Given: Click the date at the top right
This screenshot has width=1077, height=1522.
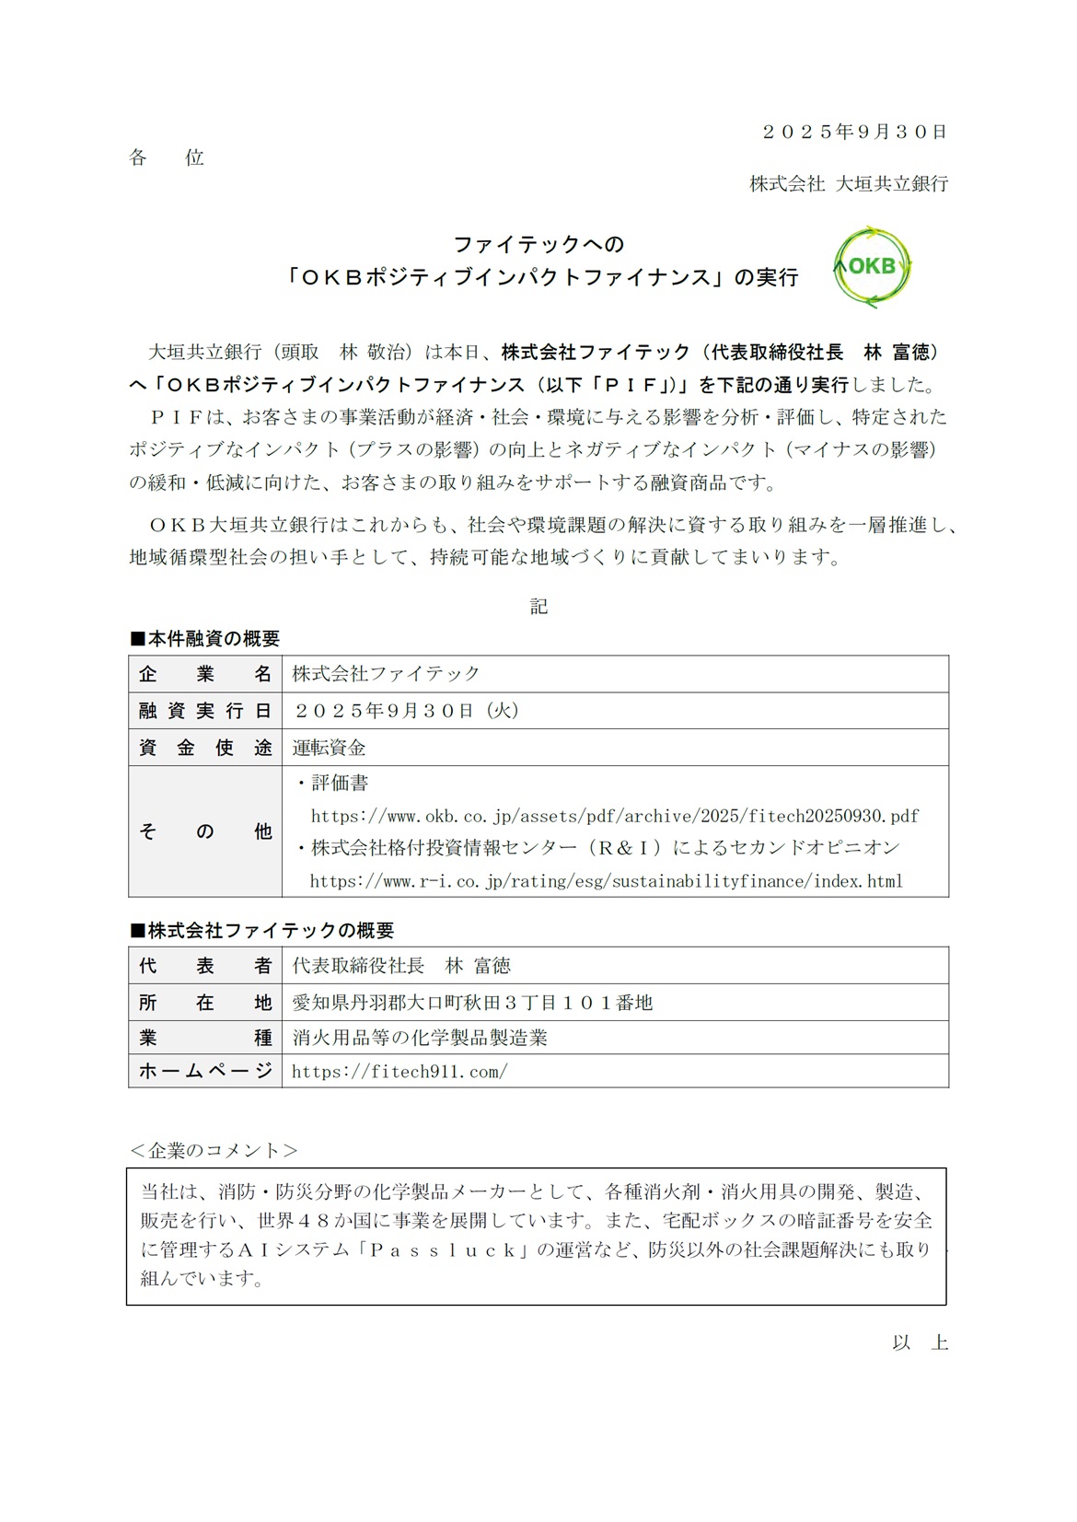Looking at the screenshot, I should pos(854,133).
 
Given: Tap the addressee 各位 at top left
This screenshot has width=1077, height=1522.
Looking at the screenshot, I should pos(166,158).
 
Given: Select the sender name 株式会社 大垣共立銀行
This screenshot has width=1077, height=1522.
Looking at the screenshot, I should pos(848,184).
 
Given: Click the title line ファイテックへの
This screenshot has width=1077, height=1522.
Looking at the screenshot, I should pos(538,245).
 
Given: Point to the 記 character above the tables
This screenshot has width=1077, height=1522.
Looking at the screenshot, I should pos(538,606).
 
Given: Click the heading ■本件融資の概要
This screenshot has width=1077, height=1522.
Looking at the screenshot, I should pos(204,639).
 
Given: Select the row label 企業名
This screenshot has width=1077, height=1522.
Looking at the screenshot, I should pos(205,674).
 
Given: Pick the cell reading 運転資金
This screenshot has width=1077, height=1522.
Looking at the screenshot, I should pos(330,748).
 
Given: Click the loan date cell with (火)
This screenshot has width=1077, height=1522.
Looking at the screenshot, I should pos(407,711).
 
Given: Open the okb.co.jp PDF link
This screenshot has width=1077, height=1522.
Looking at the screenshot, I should pos(614,816).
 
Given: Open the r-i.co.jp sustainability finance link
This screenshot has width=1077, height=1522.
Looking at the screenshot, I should pos(606,881).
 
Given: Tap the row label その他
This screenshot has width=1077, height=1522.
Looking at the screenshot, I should pos(205,831).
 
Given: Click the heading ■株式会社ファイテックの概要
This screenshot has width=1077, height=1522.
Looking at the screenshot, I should pos(261,931).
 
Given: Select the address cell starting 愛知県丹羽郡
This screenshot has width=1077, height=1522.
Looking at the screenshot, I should pos(472,1003).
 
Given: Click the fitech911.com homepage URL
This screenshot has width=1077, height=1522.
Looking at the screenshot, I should pos(400,1072).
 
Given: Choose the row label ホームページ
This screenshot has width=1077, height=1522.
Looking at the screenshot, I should pos(205,1071).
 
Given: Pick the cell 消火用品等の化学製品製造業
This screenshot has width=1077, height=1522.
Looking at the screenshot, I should pos(420,1038).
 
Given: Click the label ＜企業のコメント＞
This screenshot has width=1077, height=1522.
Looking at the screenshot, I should pos(214,1150).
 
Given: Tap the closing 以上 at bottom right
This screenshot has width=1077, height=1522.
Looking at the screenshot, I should pos(920,1342).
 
